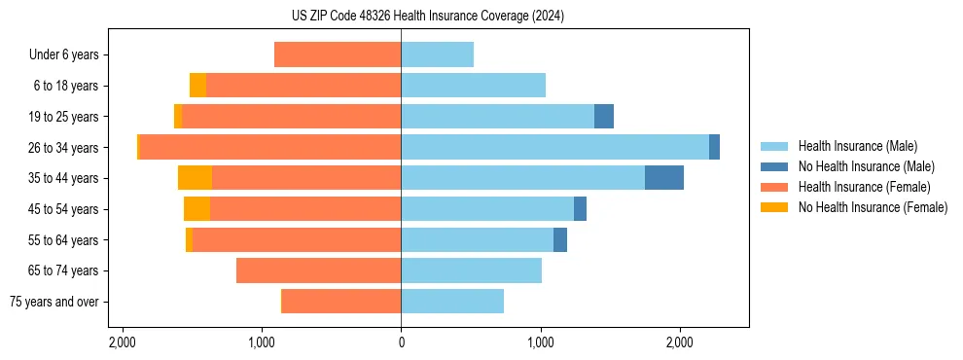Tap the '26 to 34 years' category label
[63, 148]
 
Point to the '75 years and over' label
[53, 302]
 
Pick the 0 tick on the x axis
[401, 342]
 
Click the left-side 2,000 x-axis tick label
[122, 342]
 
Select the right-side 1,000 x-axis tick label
[541, 342]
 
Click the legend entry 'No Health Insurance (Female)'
[873, 207]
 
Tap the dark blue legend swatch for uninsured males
[775, 166]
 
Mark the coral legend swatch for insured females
[775, 187]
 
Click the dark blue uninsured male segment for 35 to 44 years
[663, 178]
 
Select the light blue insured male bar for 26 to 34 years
[554, 147]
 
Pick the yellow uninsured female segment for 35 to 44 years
[195, 178]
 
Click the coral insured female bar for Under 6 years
[338, 54]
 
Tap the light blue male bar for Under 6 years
[437, 54]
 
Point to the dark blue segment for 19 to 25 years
[603, 117]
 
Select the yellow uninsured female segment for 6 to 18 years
[197, 86]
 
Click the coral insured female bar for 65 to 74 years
[318, 270]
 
